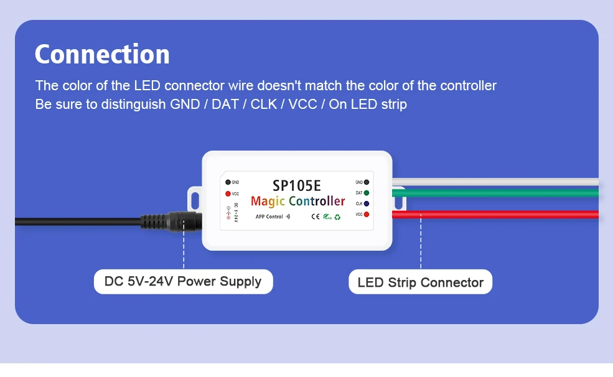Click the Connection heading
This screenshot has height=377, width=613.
click(x=102, y=54)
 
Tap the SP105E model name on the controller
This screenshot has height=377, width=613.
click(x=297, y=185)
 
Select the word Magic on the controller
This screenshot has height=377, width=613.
click(x=268, y=201)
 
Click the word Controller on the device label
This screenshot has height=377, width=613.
click(x=317, y=201)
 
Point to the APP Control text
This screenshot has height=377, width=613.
click(x=269, y=217)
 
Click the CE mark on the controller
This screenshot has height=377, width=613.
click(x=315, y=217)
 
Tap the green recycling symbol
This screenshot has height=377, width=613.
click(x=337, y=217)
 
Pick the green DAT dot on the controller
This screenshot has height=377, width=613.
click(x=367, y=193)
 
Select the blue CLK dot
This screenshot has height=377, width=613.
click(x=367, y=203)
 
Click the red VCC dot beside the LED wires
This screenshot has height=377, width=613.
click(x=367, y=214)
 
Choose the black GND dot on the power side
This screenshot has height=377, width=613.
click(x=228, y=182)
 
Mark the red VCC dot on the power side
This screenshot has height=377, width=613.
click(x=228, y=193)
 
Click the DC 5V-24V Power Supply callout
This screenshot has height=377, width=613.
click(x=183, y=281)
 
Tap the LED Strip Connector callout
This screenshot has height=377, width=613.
click(x=420, y=282)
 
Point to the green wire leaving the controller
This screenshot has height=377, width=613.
click(x=498, y=193)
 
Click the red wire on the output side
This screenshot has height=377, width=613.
click(x=498, y=215)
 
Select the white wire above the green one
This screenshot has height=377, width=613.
click(x=498, y=183)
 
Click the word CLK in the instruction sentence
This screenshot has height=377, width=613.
click(x=263, y=104)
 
